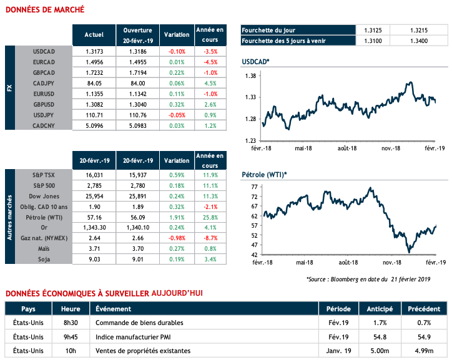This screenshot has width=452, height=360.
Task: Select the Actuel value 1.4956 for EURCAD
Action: [94, 62]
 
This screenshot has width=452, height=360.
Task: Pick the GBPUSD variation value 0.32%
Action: [176, 104]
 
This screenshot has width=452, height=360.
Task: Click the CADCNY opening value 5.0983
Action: [137, 125]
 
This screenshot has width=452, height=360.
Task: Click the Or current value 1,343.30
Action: [94, 228]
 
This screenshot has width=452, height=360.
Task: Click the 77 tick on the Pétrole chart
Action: [253, 187]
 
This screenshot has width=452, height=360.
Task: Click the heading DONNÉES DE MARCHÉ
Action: [44, 10]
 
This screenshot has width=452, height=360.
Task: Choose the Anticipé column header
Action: [379, 309]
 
